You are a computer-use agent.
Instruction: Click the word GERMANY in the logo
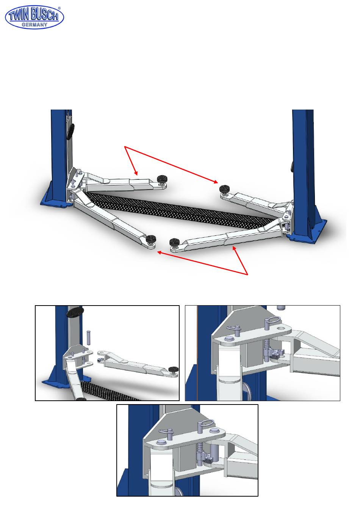[34, 24]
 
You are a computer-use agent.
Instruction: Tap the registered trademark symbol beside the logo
[59, 8]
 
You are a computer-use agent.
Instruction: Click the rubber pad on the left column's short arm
[163, 179]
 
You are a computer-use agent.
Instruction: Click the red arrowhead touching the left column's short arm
[136, 173]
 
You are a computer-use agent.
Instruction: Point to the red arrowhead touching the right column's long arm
[234, 248]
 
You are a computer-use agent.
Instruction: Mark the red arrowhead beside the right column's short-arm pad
[216, 182]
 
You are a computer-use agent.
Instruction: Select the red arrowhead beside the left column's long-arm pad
[160, 252]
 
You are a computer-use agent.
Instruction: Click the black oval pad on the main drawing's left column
[71, 132]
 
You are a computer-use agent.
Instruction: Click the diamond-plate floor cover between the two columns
[178, 211]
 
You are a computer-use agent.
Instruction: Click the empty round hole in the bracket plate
[281, 328]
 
